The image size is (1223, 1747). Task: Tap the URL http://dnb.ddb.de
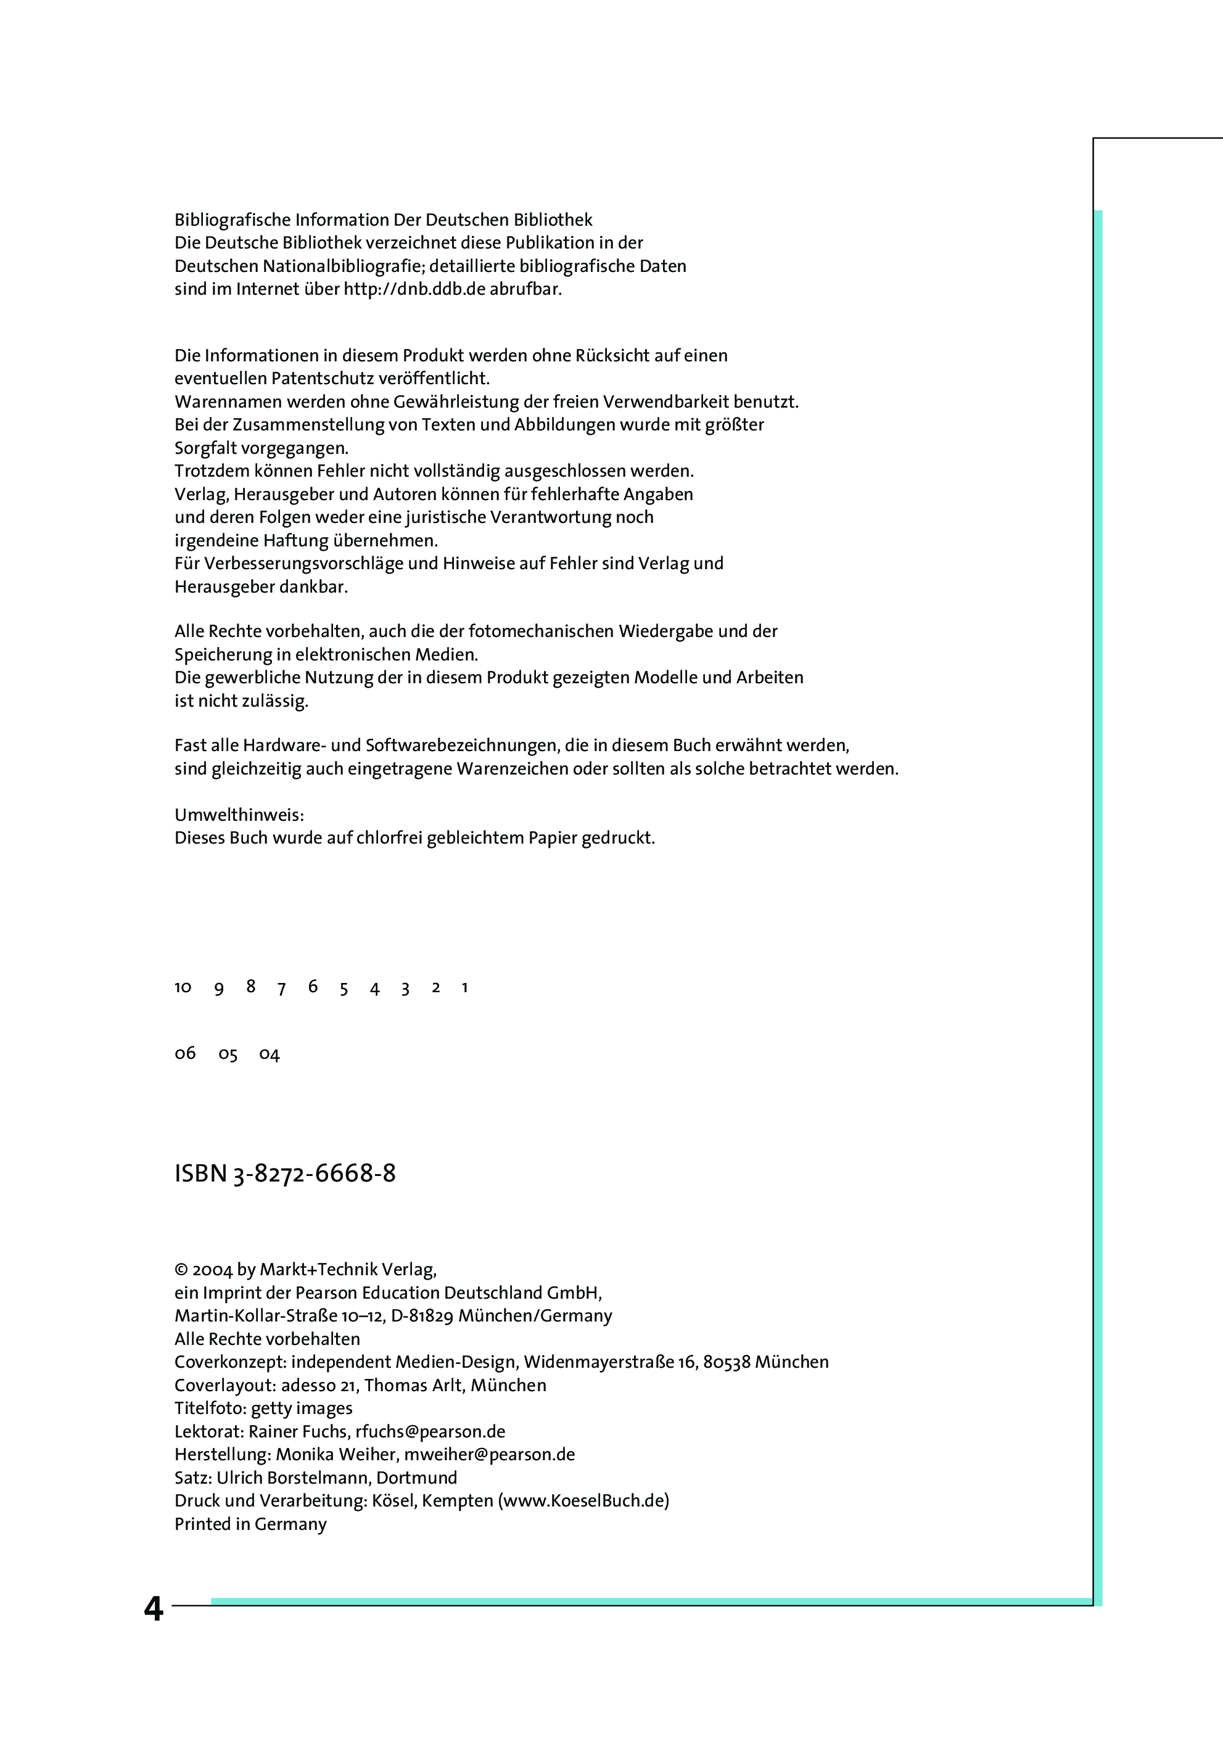click(x=414, y=289)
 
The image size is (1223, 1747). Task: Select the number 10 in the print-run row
click(x=183, y=988)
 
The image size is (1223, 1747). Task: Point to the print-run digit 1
click(x=464, y=988)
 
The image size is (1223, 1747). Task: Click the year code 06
click(x=185, y=1053)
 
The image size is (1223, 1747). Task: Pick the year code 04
click(x=270, y=1054)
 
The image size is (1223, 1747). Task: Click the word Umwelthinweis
click(x=239, y=815)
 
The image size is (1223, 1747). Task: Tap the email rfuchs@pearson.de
click(x=430, y=1431)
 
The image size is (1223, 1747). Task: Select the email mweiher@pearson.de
click(x=489, y=1454)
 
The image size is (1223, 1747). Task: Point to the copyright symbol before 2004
click(x=181, y=1270)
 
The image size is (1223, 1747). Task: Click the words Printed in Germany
click(x=250, y=1523)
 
